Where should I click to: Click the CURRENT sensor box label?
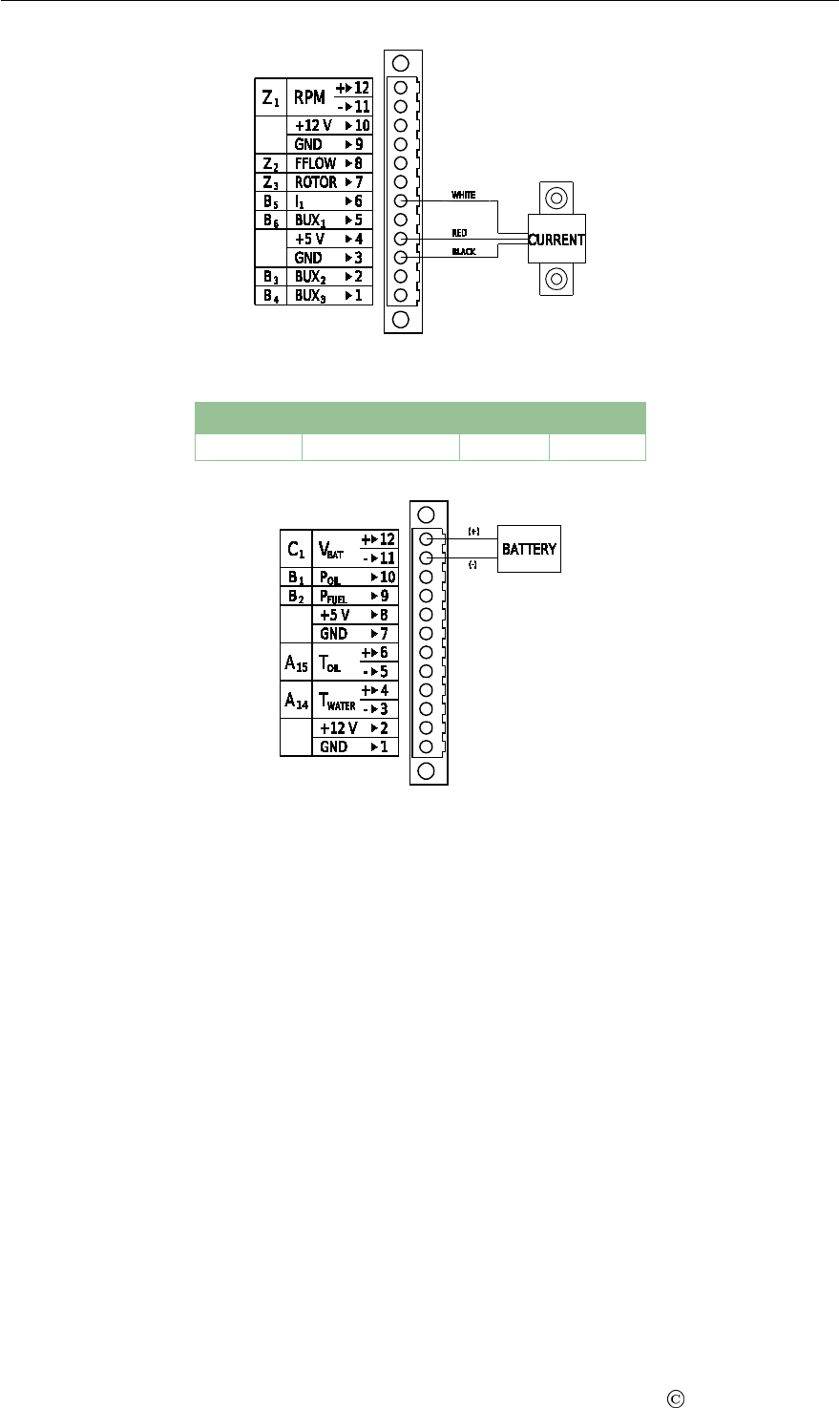(x=556, y=240)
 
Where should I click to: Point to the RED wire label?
(x=458, y=232)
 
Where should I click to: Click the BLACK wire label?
(x=464, y=251)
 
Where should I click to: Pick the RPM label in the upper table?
(x=310, y=96)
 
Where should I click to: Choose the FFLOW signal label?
(x=315, y=163)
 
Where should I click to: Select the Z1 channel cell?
(x=270, y=96)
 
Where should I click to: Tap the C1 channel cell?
(x=297, y=549)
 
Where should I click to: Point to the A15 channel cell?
(x=296, y=662)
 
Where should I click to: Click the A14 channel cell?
(x=296, y=700)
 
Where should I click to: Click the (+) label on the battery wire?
(x=474, y=531)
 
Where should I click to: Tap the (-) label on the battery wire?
(x=474, y=565)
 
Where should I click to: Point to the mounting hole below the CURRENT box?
(x=556, y=280)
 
